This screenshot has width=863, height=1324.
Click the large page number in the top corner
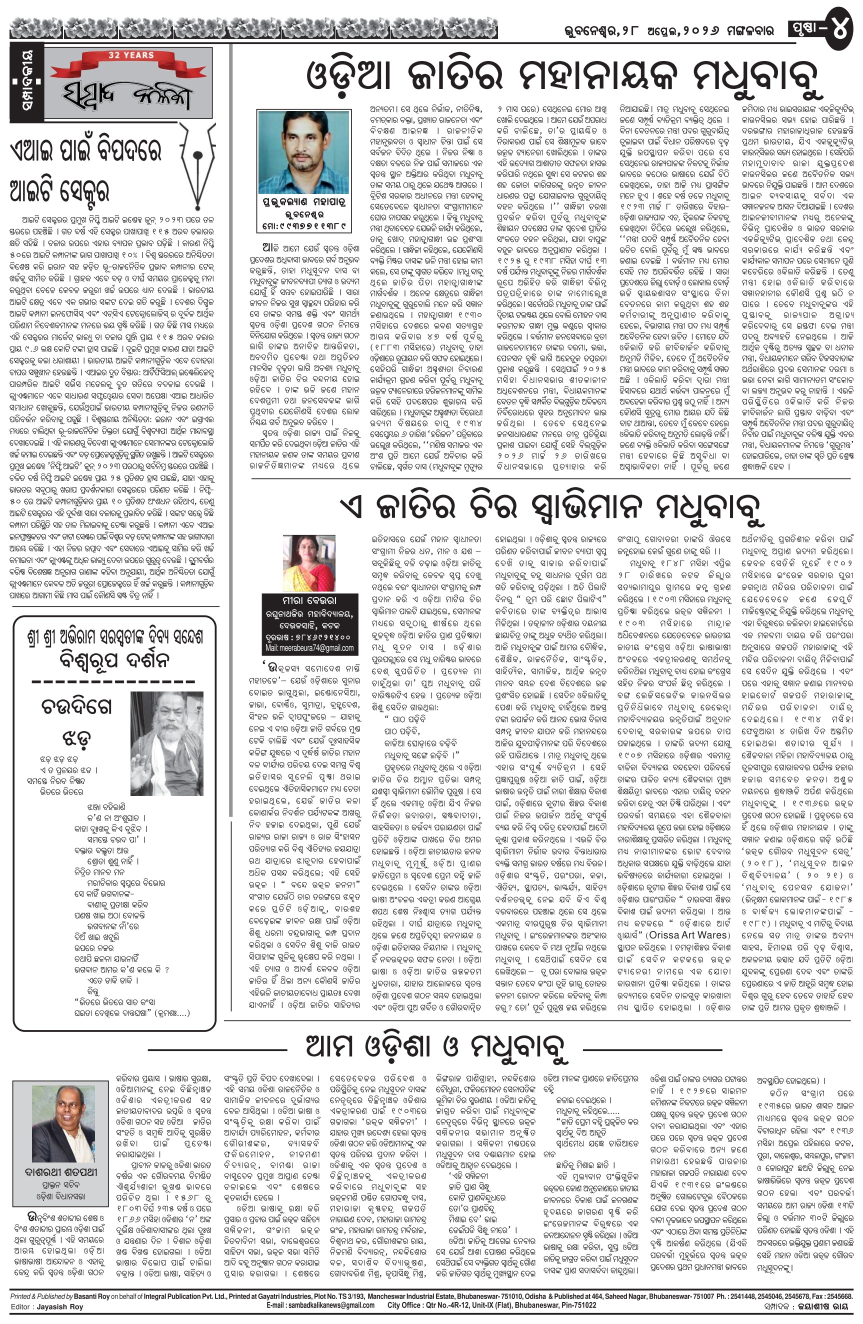coord(840,28)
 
